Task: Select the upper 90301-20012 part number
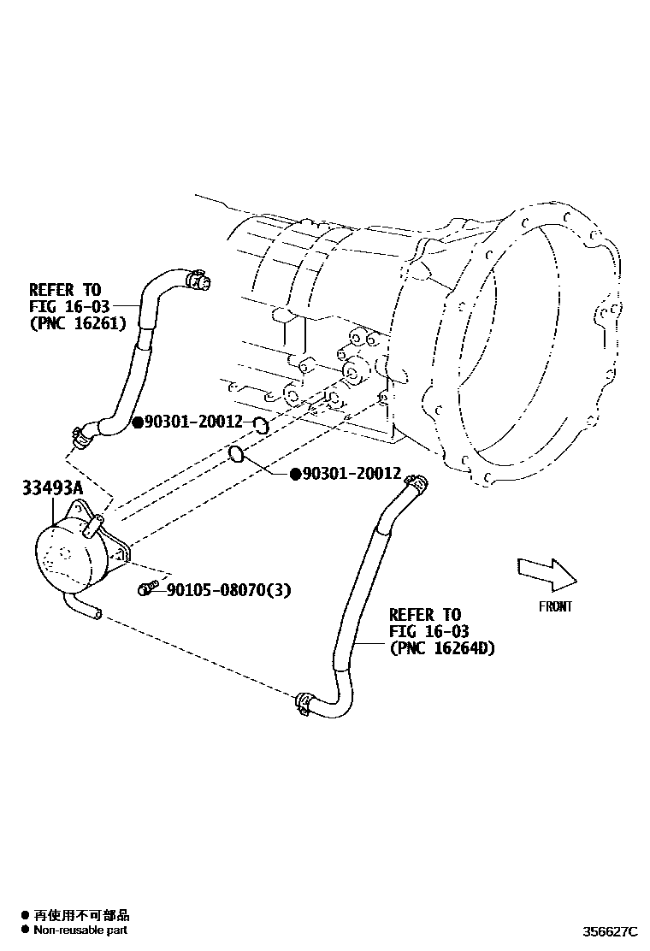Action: [x=193, y=422]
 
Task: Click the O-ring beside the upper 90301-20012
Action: [x=263, y=424]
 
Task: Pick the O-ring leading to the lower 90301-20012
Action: [x=239, y=453]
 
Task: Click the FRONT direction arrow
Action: [x=547, y=573]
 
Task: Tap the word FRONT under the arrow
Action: [x=554, y=606]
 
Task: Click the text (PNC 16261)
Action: [x=78, y=323]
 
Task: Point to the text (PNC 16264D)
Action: [x=441, y=648]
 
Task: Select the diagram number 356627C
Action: [x=611, y=930]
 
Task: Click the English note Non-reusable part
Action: [x=80, y=930]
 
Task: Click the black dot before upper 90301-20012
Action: [x=137, y=422]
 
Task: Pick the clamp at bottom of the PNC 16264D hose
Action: [x=302, y=702]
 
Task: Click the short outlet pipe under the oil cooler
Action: [x=86, y=610]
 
